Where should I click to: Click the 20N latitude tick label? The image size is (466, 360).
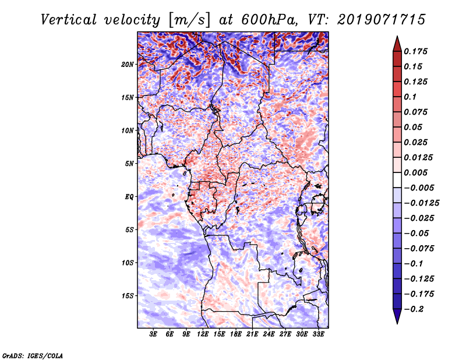[x=128, y=64]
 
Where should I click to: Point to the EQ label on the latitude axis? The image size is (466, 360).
[x=129, y=197]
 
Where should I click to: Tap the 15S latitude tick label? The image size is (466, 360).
[x=128, y=296]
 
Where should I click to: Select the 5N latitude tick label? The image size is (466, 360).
[x=129, y=164]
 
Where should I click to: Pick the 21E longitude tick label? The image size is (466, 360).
[x=252, y=335]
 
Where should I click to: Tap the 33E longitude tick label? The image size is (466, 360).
[x=318, y=335]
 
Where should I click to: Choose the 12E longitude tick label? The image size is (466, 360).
[x=203, y=335]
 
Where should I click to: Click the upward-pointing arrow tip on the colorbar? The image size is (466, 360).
[x=397, y=38]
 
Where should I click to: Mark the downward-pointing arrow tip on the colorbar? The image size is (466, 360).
[x=397, y=322]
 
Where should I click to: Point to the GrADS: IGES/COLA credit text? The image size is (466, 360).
[x=33, y=355]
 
